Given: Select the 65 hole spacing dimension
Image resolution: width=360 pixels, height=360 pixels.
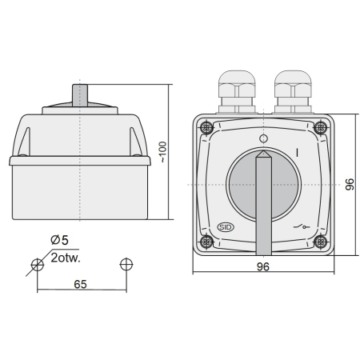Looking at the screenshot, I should point(81,282).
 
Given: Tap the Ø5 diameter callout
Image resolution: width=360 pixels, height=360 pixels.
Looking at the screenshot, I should point(61,240).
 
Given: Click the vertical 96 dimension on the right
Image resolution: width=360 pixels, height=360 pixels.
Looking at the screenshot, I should point(349,185).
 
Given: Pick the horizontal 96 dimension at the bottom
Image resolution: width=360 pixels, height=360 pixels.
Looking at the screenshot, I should point(263,267).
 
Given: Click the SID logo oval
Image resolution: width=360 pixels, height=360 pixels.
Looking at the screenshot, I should point(226,228).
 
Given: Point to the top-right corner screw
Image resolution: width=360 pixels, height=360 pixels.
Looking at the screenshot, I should point(322,127).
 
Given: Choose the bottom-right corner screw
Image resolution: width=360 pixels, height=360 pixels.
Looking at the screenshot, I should point(322,242).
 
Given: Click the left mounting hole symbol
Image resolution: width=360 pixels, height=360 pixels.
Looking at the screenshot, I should point(37,265).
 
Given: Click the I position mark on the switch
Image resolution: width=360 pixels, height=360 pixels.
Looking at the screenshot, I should point(297,151).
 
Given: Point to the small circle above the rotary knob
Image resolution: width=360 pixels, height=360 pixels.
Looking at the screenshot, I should point(264,139).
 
